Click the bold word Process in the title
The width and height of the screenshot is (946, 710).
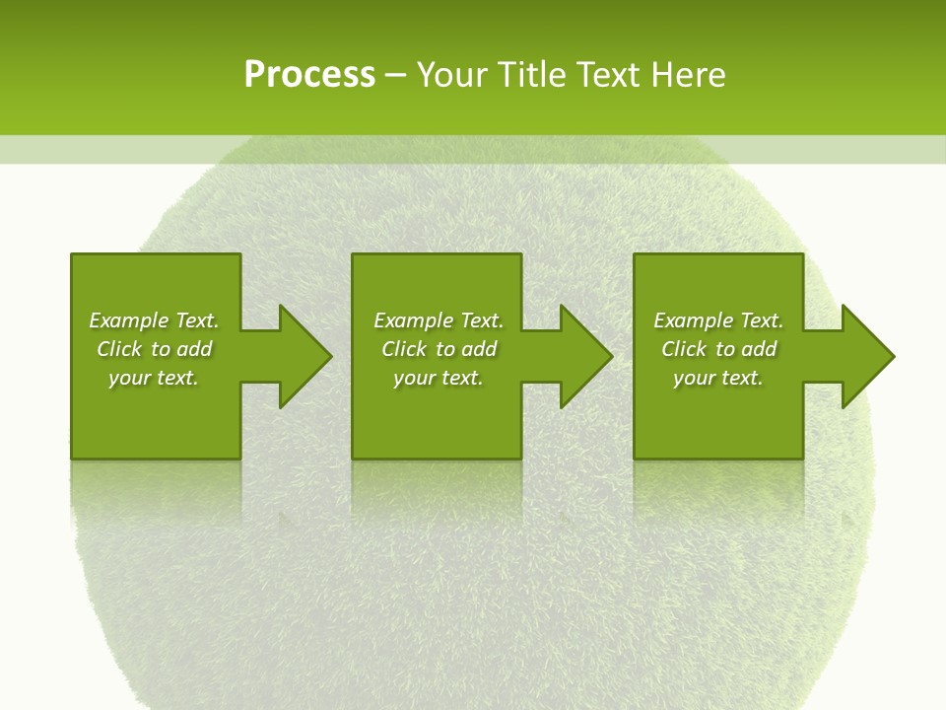point(309,75)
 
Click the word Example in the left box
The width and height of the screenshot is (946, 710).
point(129,320)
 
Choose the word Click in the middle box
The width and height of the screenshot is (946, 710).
point(405,349)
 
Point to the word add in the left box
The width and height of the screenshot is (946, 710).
point(195,349)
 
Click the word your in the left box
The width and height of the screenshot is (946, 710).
point(129,378)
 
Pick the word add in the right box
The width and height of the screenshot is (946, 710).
point(760,349)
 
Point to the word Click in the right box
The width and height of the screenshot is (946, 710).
point(685,349)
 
